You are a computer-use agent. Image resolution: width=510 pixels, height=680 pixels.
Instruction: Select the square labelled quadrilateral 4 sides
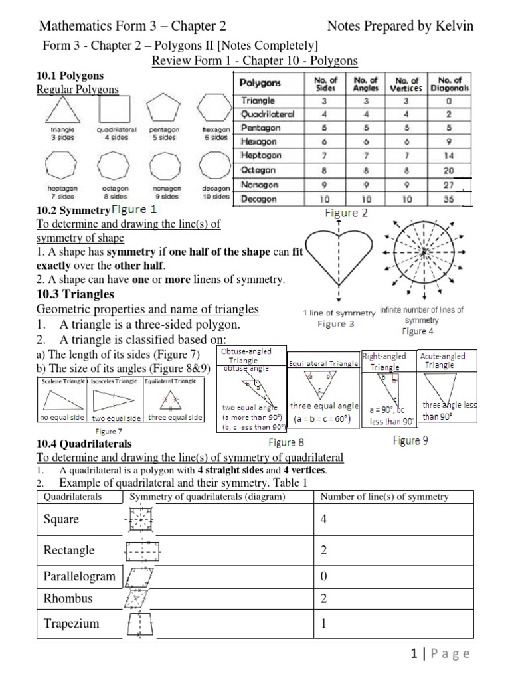[x=116, y=108]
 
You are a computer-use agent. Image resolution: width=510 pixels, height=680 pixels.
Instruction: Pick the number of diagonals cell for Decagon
[x=450, y=199]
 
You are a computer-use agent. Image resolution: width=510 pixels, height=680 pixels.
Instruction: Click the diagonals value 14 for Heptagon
[x=450, y=155]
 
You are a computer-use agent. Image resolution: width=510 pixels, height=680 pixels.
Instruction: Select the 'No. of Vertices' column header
[x=407, y=84]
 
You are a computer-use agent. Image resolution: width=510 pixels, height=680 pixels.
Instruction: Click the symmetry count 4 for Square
[x=324, y=519]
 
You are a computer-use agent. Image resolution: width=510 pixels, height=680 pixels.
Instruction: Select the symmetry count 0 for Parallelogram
[x=324, y=576]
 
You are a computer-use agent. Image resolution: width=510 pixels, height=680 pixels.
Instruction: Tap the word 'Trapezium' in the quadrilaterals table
[x=70, y=623]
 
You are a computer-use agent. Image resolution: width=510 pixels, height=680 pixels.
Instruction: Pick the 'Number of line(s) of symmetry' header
[x=384, y=497]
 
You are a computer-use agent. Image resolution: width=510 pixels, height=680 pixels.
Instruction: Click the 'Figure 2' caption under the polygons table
[x=345, y=213]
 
